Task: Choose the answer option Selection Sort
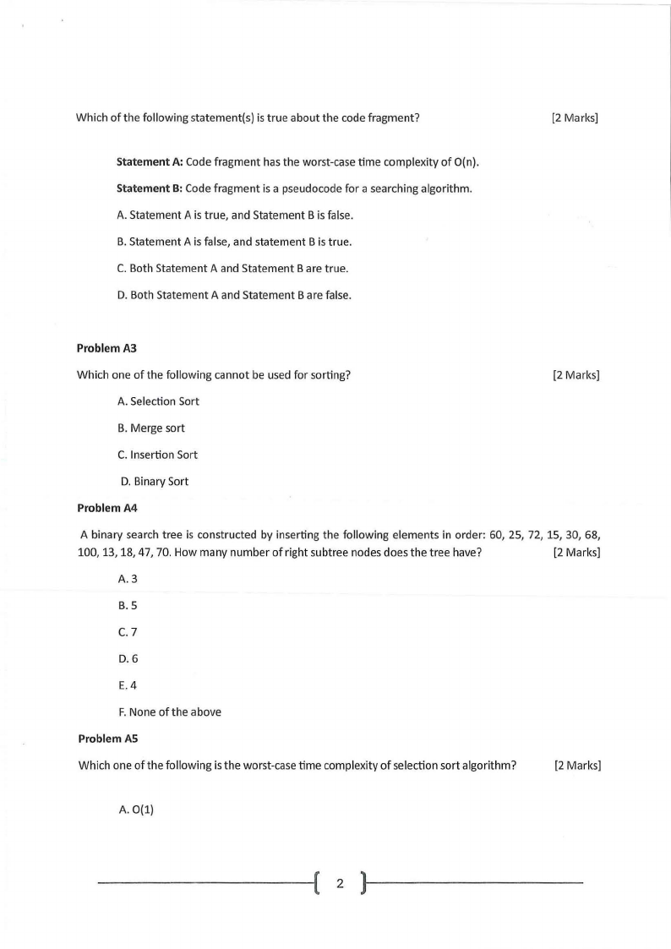point(159,401)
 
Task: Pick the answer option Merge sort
point(151,428)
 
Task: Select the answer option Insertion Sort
point(158,455)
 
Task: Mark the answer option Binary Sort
point(155,482)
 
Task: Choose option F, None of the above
point(169,712)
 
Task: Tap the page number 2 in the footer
point(340,885)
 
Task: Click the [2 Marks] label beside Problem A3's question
point(576,375)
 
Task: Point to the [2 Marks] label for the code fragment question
point(574,117)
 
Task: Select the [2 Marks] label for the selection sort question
point(577,766)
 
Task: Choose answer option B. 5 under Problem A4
point(128,605)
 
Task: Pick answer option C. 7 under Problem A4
point(128,632)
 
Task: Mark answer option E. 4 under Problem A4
point(128,685)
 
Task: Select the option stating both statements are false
point(234,295)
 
